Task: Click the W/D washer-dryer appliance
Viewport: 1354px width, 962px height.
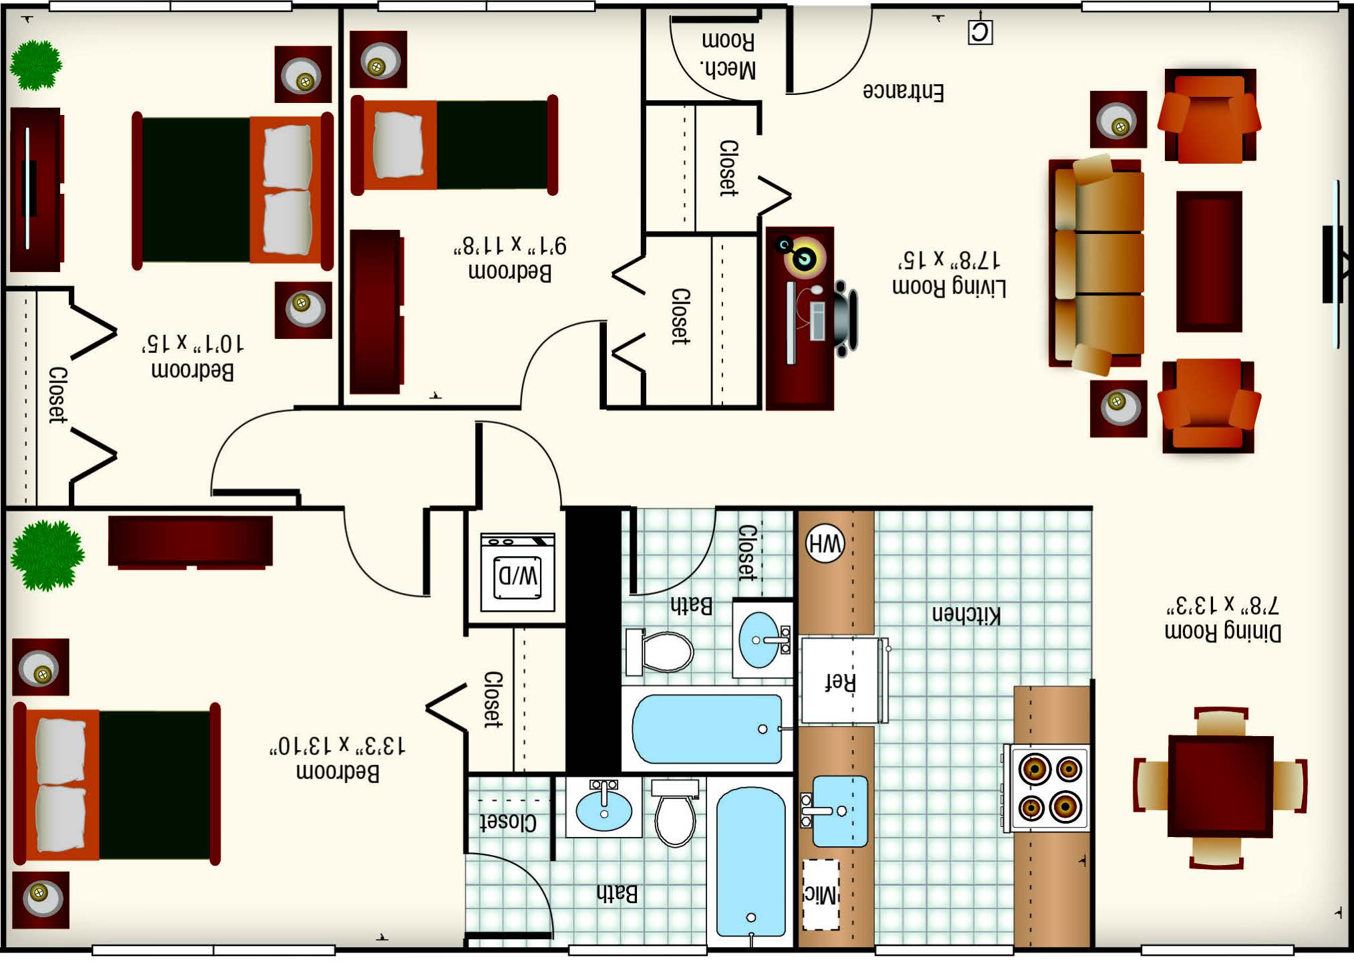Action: click(517, 572)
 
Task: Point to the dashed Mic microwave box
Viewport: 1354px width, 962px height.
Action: click(821, 894)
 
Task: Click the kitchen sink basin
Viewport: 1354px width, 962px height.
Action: click(839, 811)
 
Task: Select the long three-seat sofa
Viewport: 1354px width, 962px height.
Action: click(1095, 263)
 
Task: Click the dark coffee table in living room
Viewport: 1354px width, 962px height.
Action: click(1209, 261)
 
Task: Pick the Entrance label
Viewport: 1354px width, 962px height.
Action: click(903, 92)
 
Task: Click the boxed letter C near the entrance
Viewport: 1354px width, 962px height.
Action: click(980, 32)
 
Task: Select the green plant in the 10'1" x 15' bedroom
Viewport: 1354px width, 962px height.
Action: click(36, 65)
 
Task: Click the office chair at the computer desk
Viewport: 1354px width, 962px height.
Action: click(844, 318)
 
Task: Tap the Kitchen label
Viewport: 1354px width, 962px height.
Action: click(966, 614)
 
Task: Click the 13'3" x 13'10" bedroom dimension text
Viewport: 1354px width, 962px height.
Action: click(337, 745)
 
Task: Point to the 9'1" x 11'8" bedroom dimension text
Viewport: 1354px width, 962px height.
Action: click(510, 245)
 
